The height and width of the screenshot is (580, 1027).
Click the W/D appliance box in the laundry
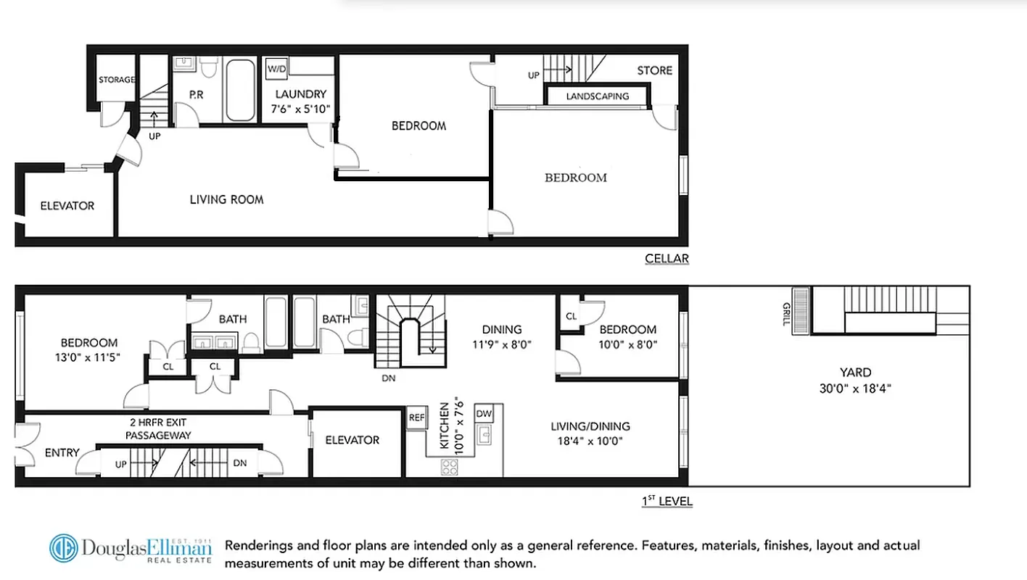[x=276, y=69]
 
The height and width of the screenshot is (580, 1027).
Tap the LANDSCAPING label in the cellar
[x=597, y=96]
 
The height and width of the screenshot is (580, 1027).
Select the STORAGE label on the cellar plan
[x=117, y=80]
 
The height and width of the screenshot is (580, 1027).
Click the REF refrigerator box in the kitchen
[x=416, y=418]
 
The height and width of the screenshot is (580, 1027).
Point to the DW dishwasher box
[x=484, y=413]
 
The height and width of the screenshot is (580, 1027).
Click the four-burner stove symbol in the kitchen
[x=450, y=468]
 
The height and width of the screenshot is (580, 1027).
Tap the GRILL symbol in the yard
[x=801, y=310]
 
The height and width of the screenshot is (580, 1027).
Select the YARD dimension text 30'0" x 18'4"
[x=855, y=388]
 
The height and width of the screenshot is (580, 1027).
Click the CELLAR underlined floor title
[x=667, y=259]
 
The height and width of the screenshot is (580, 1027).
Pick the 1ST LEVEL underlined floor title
[x=667, y=501]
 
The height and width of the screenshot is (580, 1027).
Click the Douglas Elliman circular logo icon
[x=64, y=548]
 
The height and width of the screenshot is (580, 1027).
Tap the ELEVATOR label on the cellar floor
[x=67, y=206]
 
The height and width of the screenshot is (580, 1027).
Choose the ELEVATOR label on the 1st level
[x=352, y=440]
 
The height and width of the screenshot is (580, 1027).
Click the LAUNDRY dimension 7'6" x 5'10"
[x=301, y=109]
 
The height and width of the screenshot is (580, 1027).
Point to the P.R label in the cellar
[x=196, y=94]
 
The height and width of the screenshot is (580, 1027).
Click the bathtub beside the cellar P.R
[x=240, y=90]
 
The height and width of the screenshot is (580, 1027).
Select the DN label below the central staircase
[x=388, y=377]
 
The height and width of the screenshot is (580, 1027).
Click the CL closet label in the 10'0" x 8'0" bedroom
[x=571, y=316]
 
